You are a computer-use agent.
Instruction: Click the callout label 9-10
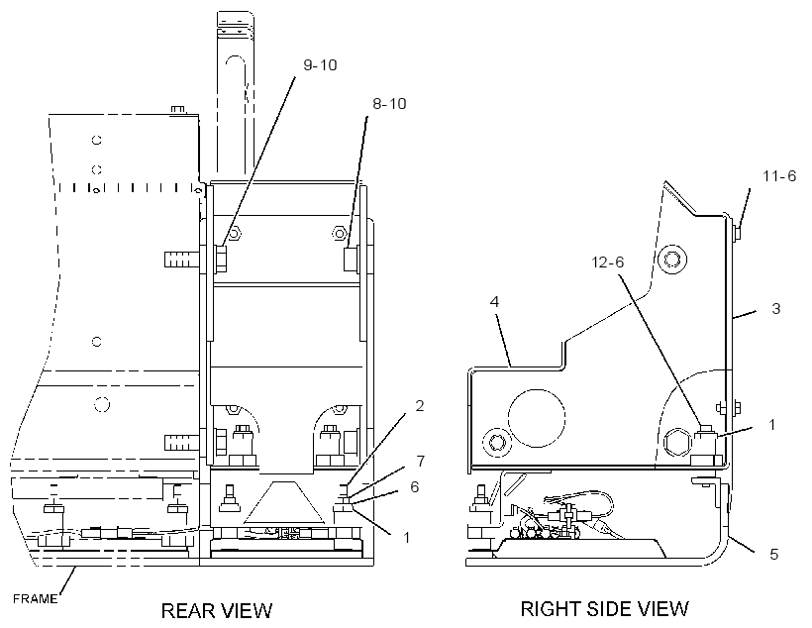tap(320, 65)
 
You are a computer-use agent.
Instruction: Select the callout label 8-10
tap(389, 104)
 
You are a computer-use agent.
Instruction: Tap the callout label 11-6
tap(779, 176)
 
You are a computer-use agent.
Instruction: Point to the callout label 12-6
tap(608, 262)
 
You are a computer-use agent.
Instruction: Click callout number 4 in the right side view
tap(494, 301)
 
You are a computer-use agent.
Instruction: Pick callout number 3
tap(775, 309)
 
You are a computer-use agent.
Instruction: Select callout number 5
tap(774, 555)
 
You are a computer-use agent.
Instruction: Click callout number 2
tap(420, 406)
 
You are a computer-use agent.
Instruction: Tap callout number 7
tap(421, 461)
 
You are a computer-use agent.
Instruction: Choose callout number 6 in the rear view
tap(414, 487)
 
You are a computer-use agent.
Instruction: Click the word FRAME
tap(36, 599)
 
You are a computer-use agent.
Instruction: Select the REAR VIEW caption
tap(217, 610)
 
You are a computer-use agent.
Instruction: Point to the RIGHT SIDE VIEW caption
tap(605, 609)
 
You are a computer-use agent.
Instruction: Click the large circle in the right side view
tap(537, 417)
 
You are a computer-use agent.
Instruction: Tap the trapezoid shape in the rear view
tap(284, 501)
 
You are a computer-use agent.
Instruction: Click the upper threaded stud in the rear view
tap(182, 259)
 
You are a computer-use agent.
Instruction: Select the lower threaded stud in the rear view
tap(182, 443)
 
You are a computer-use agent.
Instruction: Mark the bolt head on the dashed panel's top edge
tap(177, 110)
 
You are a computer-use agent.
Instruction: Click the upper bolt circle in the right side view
tap(671, 259)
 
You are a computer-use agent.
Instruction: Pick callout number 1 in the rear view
tap(407, 537)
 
